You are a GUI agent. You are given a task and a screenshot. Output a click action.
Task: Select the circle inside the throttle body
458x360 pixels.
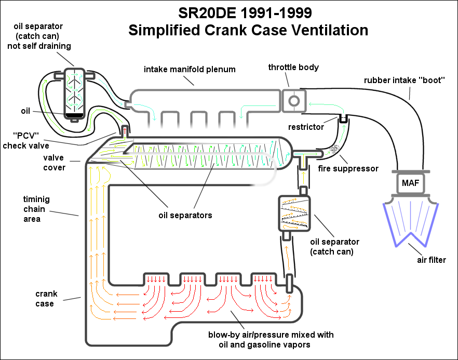pyautogui.click(x=294, y=100)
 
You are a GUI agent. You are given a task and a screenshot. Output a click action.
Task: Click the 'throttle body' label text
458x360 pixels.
pyautogui.click(x=293, y=68)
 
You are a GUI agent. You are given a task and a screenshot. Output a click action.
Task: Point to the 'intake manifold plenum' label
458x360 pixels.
pyautogui.click(x=190, y=69)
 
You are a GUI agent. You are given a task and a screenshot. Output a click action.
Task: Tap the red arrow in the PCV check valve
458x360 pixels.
pyautogui.click(x=124, y=129)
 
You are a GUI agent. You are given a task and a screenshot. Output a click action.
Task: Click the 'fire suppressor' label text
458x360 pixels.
pyautogui.click(x=347, y=169)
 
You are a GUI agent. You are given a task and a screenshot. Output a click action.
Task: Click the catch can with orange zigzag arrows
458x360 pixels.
pyautogui.click(x=294, y=214)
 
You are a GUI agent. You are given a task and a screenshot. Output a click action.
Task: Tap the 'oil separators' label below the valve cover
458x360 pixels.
pyautogui.click(x=186, y=215)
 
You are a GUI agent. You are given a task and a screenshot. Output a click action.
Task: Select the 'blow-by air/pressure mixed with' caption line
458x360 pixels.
pyautogui.click(x=271, y=334)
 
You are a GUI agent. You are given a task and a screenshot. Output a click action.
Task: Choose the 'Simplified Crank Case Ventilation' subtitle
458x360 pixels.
pyautogui.click(x=248, y=30)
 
